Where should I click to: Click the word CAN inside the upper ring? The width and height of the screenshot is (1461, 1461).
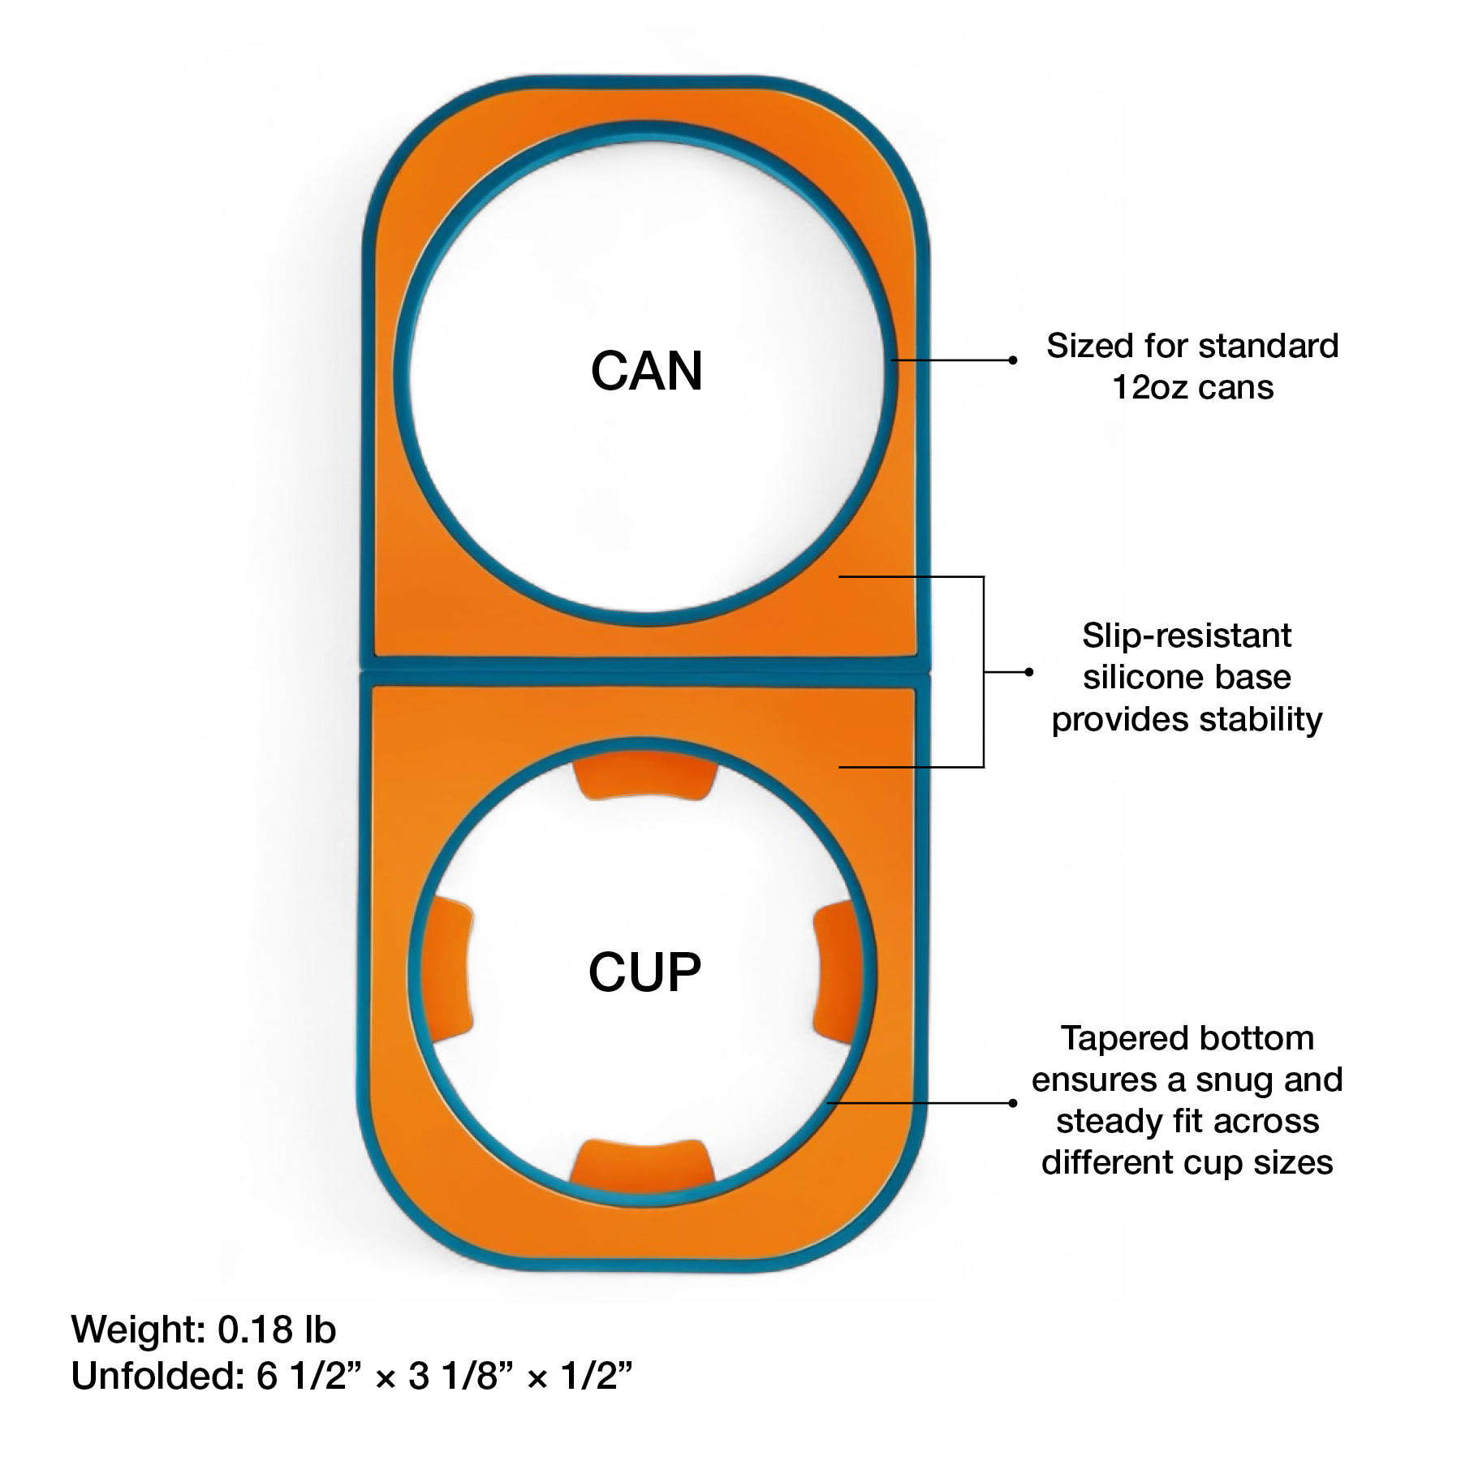pos(646,372)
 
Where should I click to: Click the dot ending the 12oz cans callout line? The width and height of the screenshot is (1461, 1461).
pos(1012,360)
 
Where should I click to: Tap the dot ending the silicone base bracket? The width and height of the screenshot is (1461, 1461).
pos(1029,672)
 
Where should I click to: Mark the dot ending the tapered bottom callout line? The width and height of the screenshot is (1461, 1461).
pos(1012,1103)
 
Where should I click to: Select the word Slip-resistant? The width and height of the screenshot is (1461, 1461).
pos(1186,636)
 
